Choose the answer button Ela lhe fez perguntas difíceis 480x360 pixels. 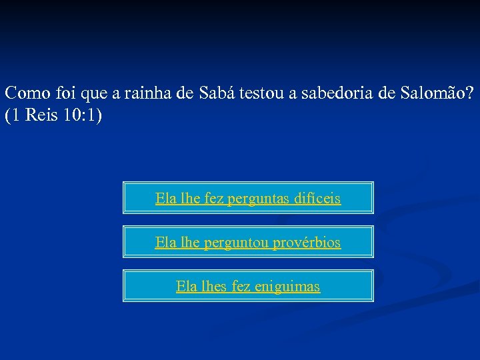click(248, 198)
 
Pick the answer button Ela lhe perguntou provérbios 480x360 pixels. click(248, 242)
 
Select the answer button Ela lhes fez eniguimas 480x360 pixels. click(248, 286)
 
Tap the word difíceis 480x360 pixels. click(315, 198)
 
